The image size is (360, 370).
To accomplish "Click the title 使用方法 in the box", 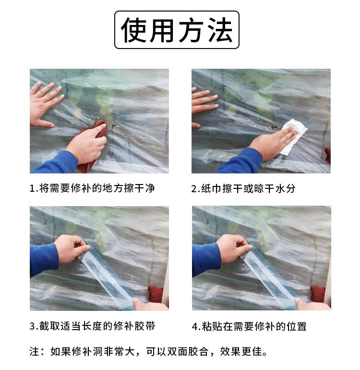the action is tap(177, 30).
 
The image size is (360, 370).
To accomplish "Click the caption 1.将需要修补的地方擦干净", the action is tap(92, 188).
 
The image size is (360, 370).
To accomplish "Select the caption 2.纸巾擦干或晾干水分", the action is tap(243, 188).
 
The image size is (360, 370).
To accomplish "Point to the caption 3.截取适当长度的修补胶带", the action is tap(93, 326).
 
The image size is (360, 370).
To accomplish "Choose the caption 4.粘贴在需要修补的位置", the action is tap(249, 326).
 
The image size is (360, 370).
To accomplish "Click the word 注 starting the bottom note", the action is tap(34, 351).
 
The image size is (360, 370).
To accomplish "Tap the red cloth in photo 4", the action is tap(320, 294).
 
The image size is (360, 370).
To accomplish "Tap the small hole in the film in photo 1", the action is tap(114, 127).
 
